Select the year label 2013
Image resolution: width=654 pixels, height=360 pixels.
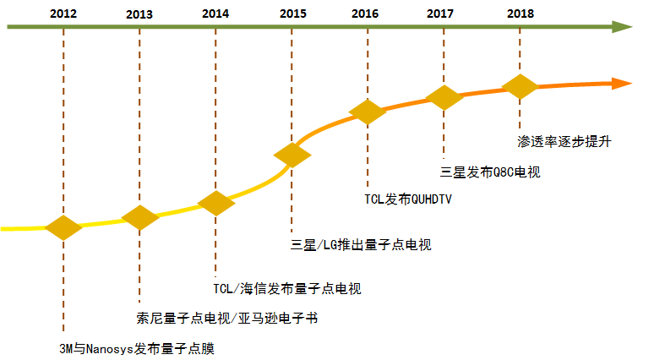(x=139, y=14)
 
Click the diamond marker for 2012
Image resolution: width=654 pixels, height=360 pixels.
(x=63, y=227)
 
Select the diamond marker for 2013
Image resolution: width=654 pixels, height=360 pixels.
(x=140, y=217)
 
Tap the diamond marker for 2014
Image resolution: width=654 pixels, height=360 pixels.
(x=216, y=204)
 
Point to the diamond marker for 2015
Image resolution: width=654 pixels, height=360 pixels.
(x=292, y=155)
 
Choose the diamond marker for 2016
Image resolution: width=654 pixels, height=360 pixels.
(x=367, y=112)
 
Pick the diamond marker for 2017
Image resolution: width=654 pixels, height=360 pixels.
(x=444, y=96)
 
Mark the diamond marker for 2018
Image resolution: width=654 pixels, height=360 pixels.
(x=520, y=86)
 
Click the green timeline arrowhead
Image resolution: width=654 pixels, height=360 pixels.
(x=623, y=27)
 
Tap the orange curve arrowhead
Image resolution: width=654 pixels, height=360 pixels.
(x=623, y=83)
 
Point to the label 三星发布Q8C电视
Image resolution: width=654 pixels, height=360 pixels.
(x=490, y=172)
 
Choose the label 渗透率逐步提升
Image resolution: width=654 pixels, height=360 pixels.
(x=564, y=141)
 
